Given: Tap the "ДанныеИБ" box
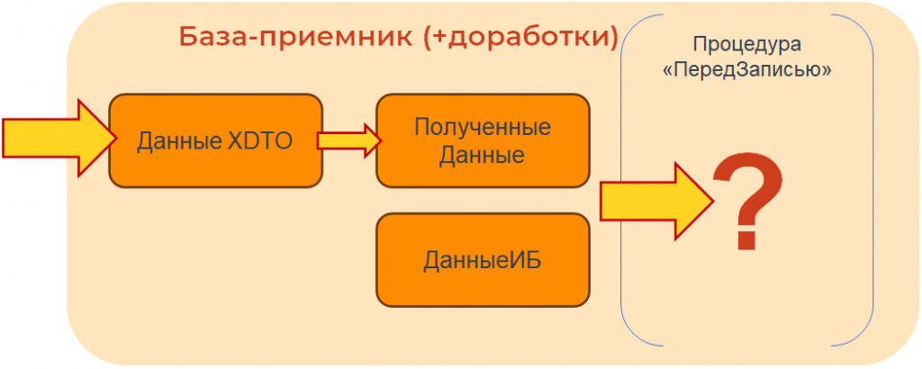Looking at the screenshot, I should click(482, 259).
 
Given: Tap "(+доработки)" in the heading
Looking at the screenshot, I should click(519, 37).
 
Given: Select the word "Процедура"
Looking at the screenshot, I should click(746, 44).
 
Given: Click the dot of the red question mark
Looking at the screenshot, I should click(745, 241).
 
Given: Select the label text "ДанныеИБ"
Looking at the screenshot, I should click(482, 261).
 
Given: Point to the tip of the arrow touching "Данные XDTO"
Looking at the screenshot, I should click(114, 138).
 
